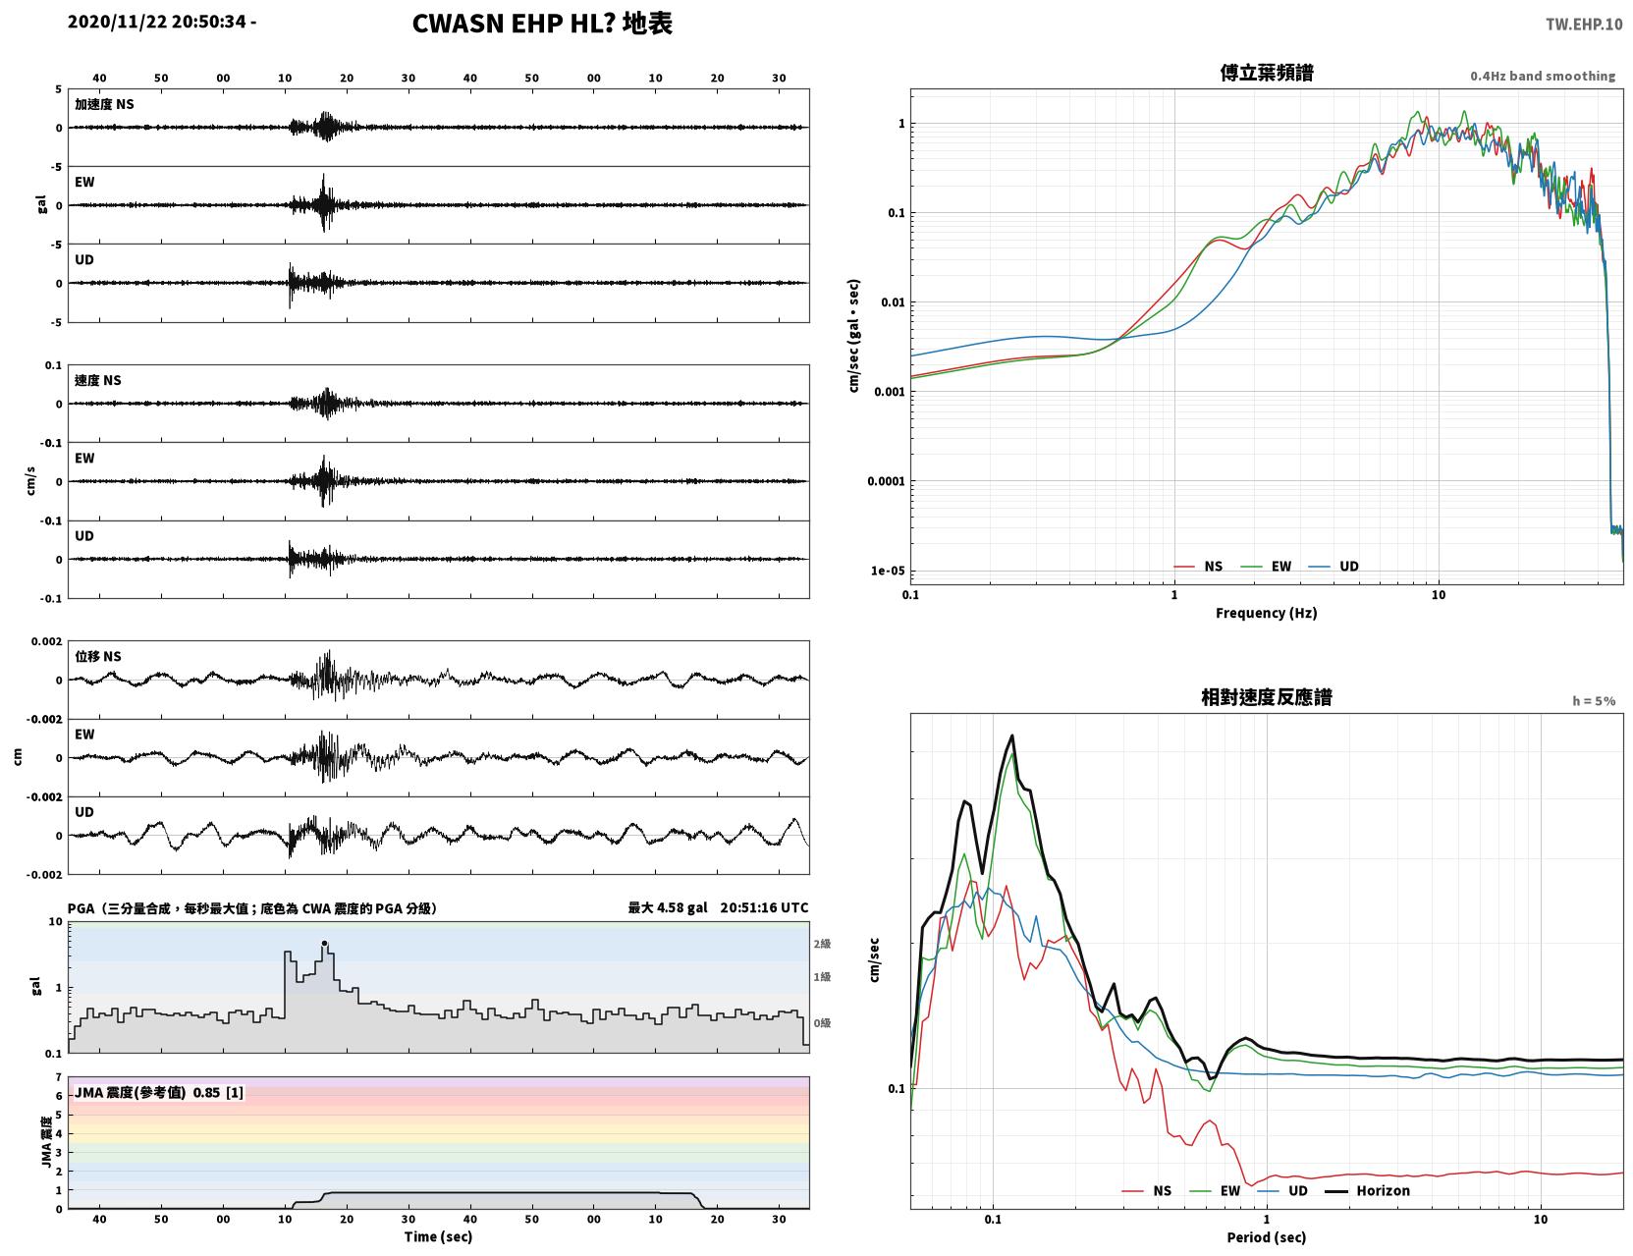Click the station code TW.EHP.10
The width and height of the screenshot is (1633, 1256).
[x=1583, y=24]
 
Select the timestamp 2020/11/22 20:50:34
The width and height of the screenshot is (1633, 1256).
[x=157, y=22]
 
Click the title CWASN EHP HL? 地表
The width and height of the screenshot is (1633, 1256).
[x=542, y=24]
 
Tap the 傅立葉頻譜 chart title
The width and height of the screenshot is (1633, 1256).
[x=1267, y=73]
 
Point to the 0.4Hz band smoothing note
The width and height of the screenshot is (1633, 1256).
[x=1542, y=76]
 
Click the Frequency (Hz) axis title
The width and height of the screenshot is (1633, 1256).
[x=1267, y=613]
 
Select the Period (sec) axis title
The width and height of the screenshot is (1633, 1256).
[x=1267, y=1237]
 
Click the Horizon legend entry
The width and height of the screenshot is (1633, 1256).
[x=1367, y=1190]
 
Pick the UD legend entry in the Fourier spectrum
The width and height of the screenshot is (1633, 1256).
[x=1334, y=567]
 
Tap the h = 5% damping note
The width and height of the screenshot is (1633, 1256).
[x=1593, y=701]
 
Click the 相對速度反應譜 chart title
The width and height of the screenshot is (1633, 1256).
[x=1267, y=697]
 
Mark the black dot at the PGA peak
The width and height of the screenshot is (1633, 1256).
[x=325, y=943]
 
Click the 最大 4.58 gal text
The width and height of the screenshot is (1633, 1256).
[x=668, y=907]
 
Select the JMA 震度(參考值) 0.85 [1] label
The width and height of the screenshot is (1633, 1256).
[x=158, y=1092]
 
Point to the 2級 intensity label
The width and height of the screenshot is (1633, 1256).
[x=822, y=944]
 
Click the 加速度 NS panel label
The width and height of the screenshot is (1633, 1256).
[x=104, y=104]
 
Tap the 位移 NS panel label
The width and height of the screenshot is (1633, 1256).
[x=97, y=657]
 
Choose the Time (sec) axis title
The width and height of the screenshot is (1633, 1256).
[x=438, y=1236]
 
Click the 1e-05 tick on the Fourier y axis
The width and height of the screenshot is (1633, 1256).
[x=888, y=571]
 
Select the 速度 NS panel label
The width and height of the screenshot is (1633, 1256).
[x=97, y=380]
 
